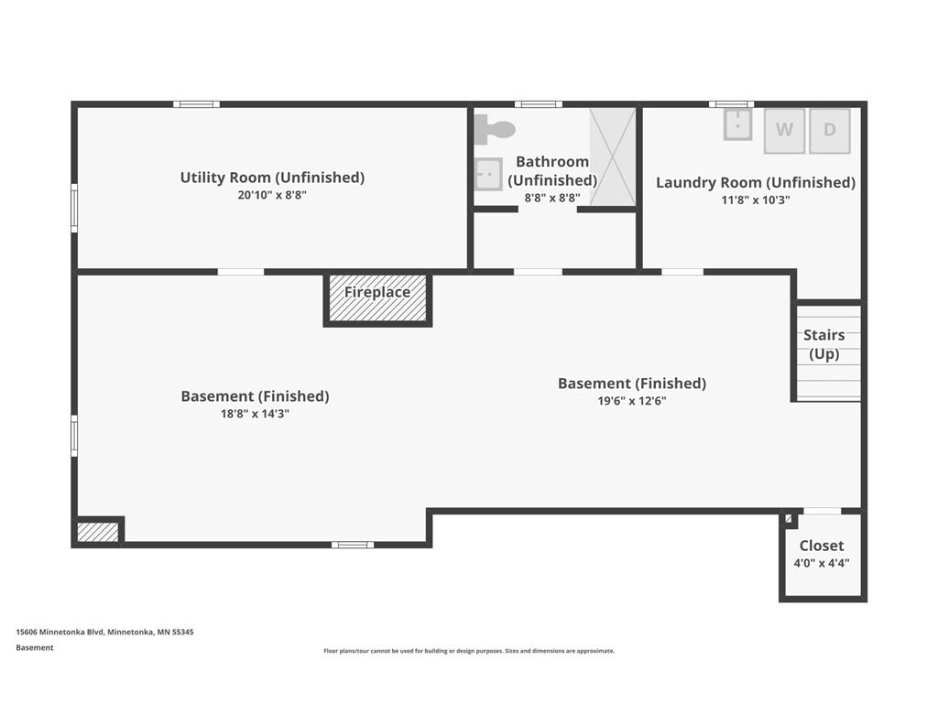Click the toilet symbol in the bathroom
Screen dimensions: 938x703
click(494, 129)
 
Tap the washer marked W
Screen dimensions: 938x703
click(784, 130)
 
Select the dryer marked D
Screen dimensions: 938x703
click(830, 130)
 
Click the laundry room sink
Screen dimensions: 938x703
click(737, 124)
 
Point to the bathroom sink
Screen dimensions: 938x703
click(488, 174)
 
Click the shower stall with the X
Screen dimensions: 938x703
click(613, 157)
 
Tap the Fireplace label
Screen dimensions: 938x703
click(377, 292)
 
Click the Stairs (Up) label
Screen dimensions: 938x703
click(824, 344)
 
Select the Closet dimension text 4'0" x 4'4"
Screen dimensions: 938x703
click(822, 563)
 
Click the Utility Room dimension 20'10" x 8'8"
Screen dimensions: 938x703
click(272, 195)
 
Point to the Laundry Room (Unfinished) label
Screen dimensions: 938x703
click(756, 182)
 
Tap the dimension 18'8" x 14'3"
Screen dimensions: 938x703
click(255, 414)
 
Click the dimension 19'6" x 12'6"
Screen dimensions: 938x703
click(632, 401)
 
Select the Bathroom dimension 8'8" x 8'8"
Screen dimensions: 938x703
click(552, 198)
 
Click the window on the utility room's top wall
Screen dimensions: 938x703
click(196, 104)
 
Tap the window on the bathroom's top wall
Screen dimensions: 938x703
click(539, 104)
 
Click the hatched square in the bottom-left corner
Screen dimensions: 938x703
click(97, 532)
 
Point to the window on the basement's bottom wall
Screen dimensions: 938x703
click(353, 545)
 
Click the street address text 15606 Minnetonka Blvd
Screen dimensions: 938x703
click(60, 632)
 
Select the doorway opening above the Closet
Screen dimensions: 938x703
click(822, 511)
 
